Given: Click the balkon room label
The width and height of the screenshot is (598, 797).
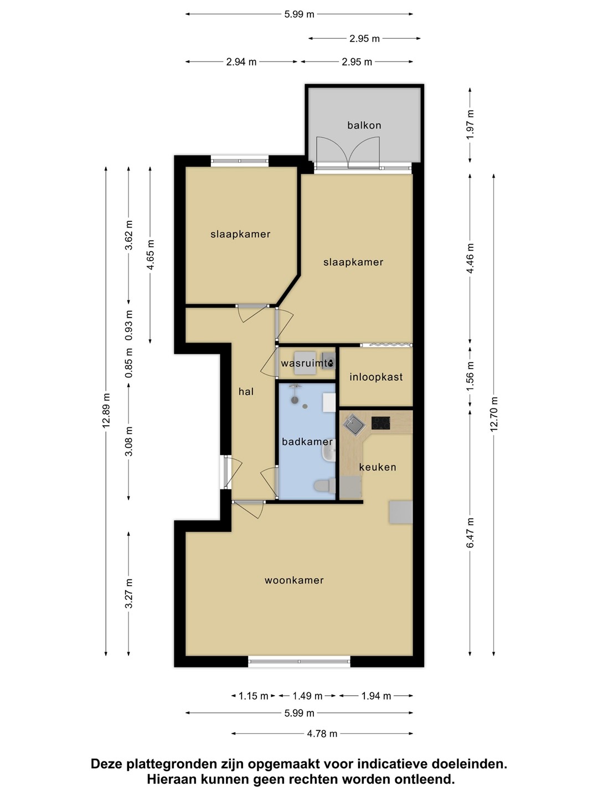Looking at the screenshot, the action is (364, 125).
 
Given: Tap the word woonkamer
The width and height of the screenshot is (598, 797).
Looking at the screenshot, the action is (294, 580).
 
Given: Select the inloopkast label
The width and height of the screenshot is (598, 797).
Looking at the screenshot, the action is (376, 377).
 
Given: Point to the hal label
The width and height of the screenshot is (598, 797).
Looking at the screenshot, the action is (246, 391).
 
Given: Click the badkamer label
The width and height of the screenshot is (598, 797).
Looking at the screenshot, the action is (307, 442).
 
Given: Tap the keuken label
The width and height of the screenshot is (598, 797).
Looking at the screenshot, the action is (378, 467).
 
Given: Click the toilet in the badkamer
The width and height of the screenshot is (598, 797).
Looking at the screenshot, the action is (324, 486).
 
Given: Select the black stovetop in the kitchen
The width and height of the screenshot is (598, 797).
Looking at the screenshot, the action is (380, 423).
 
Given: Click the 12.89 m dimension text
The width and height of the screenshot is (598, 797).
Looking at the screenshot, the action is (106, 410).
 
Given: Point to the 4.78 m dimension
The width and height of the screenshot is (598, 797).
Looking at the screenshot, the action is (322, 733).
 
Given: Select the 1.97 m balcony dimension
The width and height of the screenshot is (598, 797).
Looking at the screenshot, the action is (470, 125).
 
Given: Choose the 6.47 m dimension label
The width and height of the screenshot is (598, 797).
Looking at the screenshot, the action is (470, 533).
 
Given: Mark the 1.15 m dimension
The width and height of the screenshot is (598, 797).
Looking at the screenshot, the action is (253, 696).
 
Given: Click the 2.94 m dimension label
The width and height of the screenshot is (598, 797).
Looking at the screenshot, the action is (241, 62).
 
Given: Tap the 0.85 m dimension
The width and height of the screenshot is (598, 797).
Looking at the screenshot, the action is (128, 363).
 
